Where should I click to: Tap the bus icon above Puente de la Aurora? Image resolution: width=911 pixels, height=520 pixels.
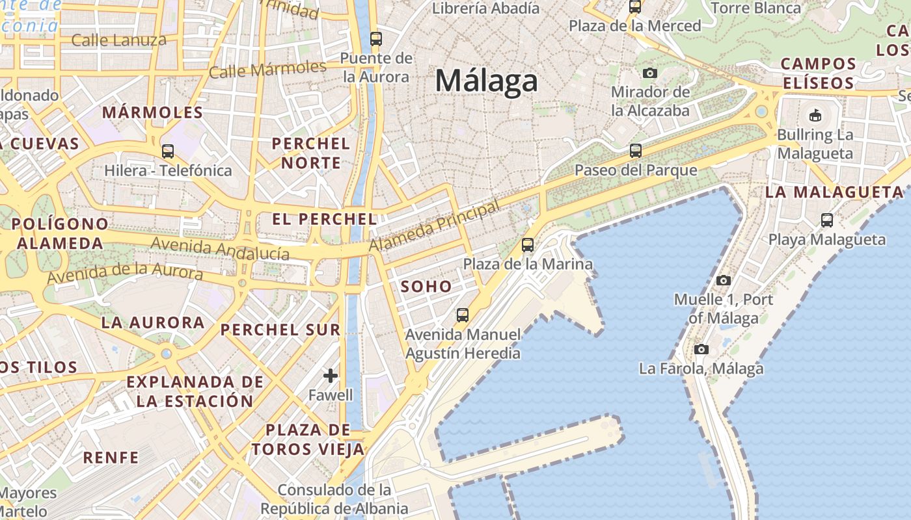tap(375, 38)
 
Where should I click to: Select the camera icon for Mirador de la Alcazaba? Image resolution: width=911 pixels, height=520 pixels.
tap(649, 73)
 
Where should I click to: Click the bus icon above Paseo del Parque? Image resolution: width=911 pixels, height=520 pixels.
tap(636, 151)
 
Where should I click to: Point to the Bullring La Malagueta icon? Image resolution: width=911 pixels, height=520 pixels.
tap(815, 116)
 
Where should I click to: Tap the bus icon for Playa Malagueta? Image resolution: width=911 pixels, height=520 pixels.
tap(826, 220)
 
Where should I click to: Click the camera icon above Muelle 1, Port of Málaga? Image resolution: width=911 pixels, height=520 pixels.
tap(723, 281)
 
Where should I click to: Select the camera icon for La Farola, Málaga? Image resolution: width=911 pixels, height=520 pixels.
tap(701, 349)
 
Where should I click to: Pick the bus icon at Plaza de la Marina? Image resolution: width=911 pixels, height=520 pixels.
tap(528, 245)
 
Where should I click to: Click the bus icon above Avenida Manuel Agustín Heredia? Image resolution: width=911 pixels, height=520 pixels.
tap(463, 315)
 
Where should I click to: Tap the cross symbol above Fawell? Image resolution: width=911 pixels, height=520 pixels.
tap(331, 376)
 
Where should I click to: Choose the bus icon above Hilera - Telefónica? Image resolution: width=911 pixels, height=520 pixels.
tap(168, 151)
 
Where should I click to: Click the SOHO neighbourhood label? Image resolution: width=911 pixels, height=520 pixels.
tap(426, 286)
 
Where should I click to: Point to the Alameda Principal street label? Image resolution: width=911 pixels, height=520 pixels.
tap(435, 226)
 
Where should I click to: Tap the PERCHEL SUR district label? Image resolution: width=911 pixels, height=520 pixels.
tap(280, 330)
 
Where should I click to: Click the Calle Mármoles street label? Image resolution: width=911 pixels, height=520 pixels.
tap(267, 69)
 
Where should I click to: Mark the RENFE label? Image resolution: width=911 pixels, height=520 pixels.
tap(111, 458)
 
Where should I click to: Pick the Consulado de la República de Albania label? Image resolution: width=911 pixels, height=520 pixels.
tap(334, 499)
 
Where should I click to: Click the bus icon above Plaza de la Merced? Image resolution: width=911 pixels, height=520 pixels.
tap(634, 7)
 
